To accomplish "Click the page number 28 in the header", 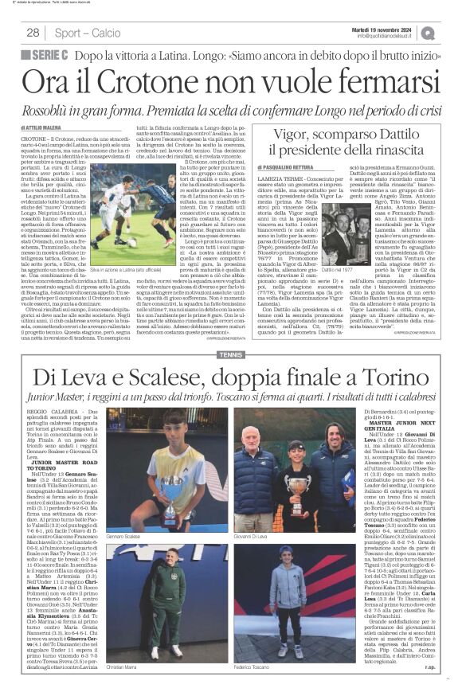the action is point(33,33).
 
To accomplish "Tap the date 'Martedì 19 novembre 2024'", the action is point(386,29).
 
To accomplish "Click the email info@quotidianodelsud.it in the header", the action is point(386,37).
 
